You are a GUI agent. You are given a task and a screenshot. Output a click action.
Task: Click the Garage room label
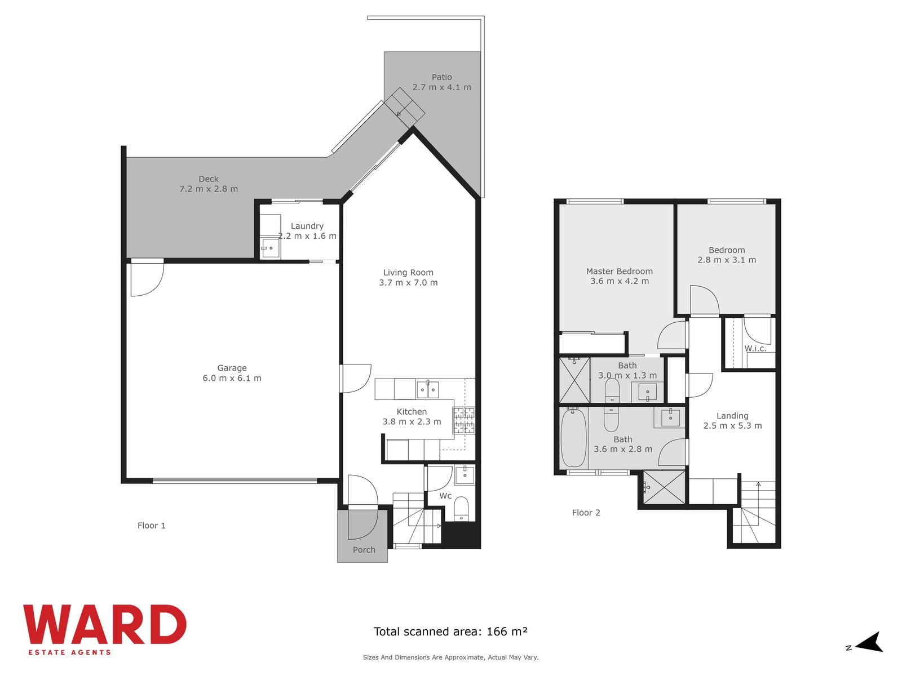pos(232,368)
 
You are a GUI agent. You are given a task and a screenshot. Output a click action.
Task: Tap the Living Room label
pos(408,273)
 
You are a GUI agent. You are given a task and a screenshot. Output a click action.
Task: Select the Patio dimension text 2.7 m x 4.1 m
pos(442,87)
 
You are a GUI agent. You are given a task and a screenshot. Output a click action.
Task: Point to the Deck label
pos(209,179)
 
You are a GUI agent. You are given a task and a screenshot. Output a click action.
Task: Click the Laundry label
pos(307,226)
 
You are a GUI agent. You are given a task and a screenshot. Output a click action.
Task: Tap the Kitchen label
pos(412,412)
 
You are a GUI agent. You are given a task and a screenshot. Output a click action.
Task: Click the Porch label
pos(364,550)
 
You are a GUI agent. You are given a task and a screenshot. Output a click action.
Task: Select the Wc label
pos(445,496)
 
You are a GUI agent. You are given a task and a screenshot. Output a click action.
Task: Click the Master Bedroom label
pos(619,272)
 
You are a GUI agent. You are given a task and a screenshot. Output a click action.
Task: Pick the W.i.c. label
pos(755,349)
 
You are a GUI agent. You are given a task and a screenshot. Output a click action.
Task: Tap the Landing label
pos(732,416)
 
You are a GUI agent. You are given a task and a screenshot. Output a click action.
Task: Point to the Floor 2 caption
pos(586,513)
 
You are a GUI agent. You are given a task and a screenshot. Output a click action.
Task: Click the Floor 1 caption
pos(151,526)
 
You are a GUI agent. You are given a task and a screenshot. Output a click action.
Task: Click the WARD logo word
pos(105,625)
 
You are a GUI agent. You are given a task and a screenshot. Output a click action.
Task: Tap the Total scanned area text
pos(450,631)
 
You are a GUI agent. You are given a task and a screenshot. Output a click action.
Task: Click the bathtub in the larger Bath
pos(574,438)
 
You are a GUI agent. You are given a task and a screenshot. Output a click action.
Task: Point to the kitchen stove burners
pos(464,420)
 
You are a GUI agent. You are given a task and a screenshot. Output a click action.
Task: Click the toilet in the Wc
pos(462,509)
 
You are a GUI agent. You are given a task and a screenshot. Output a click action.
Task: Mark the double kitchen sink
pos(428,389)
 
